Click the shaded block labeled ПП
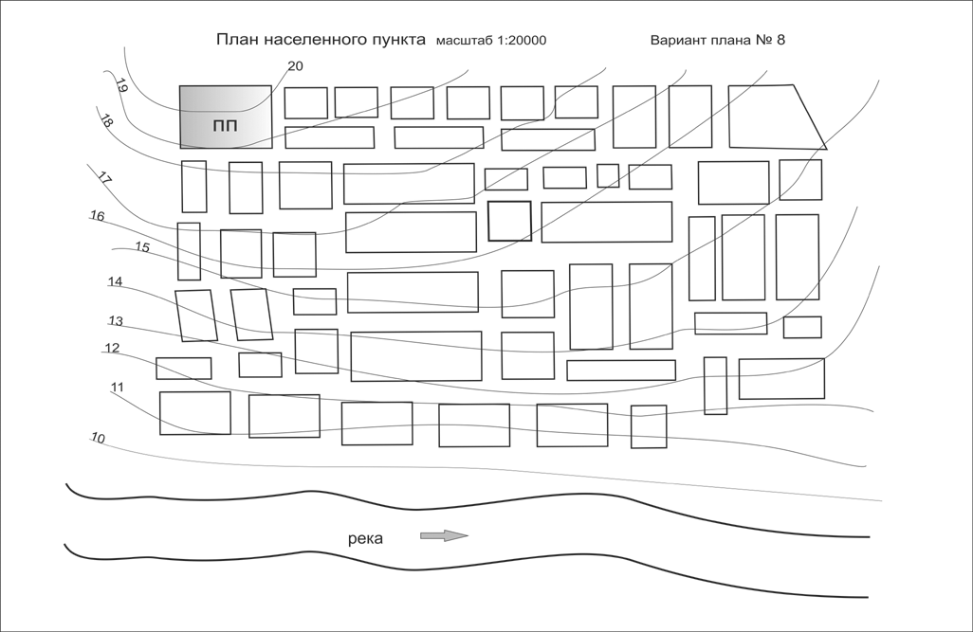click(x=226, y=117)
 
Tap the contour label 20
click(x=295, y=66)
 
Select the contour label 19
click(x=121, y=85)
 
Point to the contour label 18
click(x=106, y=121)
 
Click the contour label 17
click(x=104, y=179)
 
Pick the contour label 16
click(x=98, y=216)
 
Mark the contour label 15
click(x=142, y=247)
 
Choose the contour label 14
click(x=115, y=281)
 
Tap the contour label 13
click(x=116, y=320)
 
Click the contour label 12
click(x=112, y=348)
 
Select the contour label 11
click(x=117, y=387)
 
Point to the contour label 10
click(x=98, y=438)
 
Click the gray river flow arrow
click(x=445, y=536)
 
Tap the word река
click(x=365, y=538)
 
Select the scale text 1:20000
click(x=522, y=41)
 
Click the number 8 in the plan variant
click(x=780, y=40)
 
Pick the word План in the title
click(x=238, y=39)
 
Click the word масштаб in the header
click(x=465, y=41)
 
